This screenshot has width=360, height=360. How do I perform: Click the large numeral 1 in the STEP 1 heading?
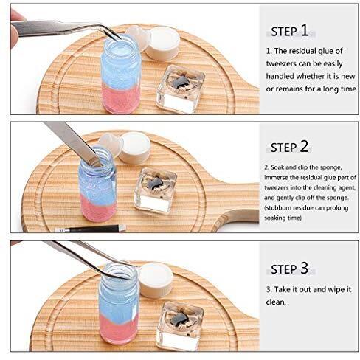pos(305,30)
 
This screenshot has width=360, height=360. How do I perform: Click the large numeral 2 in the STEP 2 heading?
pos(304,146)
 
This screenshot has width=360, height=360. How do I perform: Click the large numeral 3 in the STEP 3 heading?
pos(304,268)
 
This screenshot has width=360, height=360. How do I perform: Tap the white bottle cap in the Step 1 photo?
pos(162,44)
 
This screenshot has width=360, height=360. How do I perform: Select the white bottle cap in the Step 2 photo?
pos(134,148)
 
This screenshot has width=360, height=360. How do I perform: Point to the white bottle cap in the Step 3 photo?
pos(156,280)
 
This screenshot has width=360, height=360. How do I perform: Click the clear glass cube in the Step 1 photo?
pos(181,89)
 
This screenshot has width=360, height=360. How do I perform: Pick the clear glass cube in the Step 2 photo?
pos(156,190)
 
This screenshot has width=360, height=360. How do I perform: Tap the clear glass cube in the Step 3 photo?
pos(180,325)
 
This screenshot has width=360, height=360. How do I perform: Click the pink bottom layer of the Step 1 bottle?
pos(120,98)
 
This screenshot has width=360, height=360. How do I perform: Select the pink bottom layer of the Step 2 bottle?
pos(98,208)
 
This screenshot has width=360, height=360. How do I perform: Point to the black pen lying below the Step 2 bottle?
pos(91,229)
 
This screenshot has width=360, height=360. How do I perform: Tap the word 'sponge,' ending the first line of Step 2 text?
pos(330,167)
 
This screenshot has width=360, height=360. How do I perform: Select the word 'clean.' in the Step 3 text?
pos(276,302)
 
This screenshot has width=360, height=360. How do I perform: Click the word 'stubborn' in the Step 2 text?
pos(277,208)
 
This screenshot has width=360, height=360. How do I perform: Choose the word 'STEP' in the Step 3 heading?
pos(283,269)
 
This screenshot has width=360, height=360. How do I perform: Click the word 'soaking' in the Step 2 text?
pos(274,218)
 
